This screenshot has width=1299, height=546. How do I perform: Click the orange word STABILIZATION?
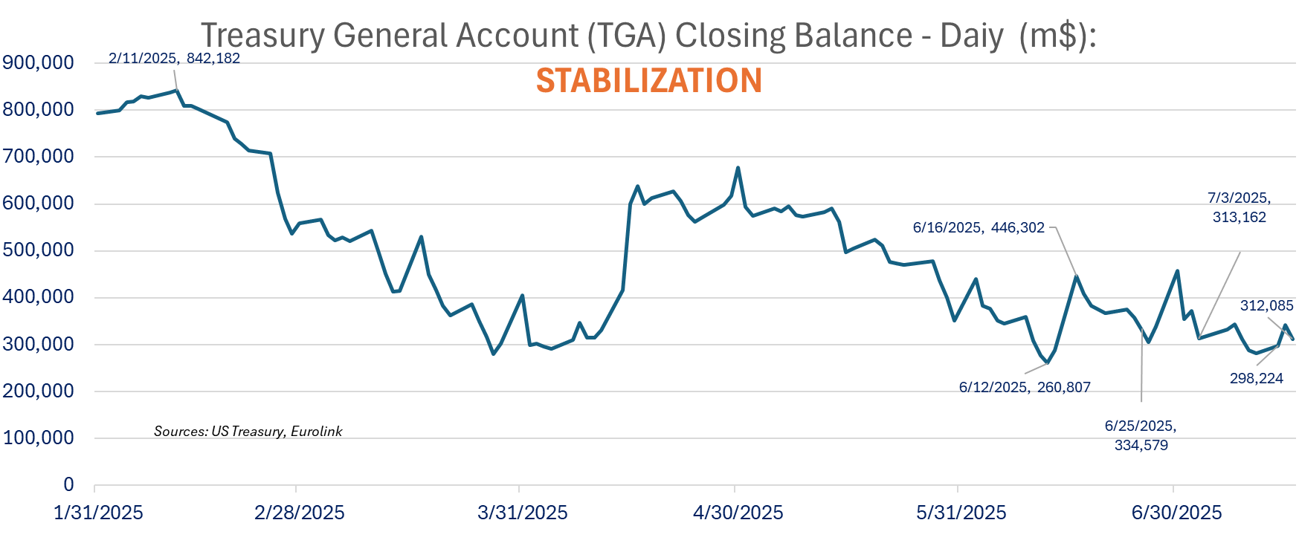(648, 80)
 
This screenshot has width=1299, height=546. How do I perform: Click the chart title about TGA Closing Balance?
(648, 36)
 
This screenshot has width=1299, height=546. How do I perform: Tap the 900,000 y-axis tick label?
(39, 62)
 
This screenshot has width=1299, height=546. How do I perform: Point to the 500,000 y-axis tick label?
(39, 250)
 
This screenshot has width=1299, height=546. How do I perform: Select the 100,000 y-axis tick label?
(39, 438)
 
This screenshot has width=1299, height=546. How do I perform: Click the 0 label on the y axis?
(68, 484)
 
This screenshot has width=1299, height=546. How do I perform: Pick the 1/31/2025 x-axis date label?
(98, 513)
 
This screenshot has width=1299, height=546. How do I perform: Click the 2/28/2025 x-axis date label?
(299, 513)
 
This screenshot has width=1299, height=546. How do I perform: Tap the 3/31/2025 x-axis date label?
(522, 513)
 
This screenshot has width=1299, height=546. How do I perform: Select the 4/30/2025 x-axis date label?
(738, 513)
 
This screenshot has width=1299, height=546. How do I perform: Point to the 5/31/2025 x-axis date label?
(961, 513)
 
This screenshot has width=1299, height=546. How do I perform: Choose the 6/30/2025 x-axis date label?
(1176, 513)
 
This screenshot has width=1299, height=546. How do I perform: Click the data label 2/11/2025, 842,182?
(174, 59)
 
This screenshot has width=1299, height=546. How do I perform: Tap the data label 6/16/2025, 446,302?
(979, 228)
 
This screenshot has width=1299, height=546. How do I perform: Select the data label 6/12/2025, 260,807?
(1025, 387)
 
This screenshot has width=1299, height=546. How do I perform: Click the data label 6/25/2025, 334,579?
(1141, 435)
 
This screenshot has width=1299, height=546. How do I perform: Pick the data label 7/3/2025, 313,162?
(1239, 207)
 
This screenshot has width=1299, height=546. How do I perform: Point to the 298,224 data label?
(1256, 378)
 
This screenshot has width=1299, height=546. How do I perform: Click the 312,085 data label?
(1266, 305)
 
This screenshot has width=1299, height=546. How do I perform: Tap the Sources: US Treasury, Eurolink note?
(248, 432)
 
